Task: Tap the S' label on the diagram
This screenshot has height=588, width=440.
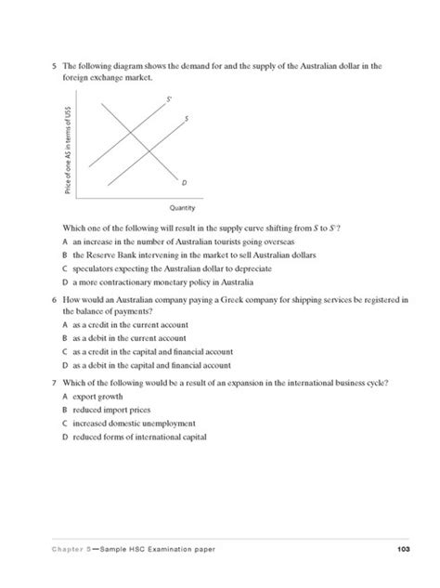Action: pyautogui.click(x=169, y=97)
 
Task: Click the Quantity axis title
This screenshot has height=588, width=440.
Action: pyautogui.click(x=181, y=208)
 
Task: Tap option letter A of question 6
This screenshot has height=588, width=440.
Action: pyautogui.click(x=64, y=326)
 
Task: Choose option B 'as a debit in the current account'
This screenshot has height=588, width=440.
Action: pyautogui.click(x=130, y=340)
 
